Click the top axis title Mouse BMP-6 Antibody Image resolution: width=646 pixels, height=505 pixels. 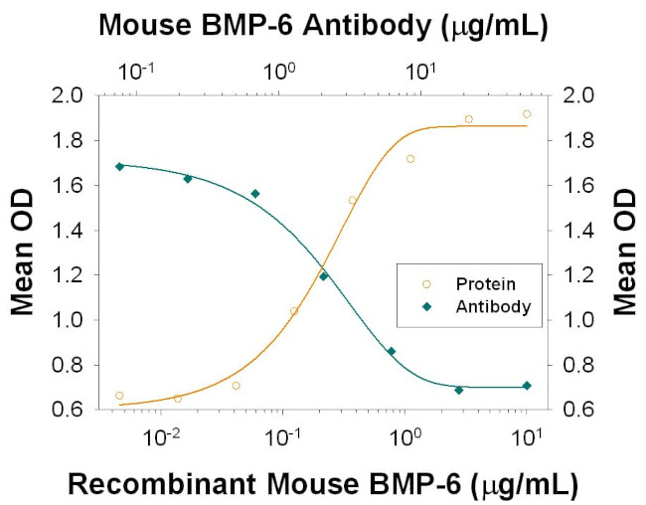[322, 26]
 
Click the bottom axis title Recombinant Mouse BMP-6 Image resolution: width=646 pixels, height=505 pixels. [322, 485]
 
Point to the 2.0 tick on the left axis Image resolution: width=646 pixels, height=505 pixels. [73, 95]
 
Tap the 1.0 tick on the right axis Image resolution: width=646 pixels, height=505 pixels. [575, 320]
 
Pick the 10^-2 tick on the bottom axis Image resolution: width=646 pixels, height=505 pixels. [160, 433]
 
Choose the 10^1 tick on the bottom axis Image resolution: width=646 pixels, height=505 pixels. [527, 433]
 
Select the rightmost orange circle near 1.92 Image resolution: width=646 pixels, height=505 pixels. [527, 114]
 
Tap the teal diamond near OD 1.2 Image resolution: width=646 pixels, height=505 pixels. [323, 276]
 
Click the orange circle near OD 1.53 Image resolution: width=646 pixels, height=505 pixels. [352, 201]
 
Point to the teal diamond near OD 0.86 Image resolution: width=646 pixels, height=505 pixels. [392, 351]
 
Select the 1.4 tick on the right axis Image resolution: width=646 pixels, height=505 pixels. [575, 230]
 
